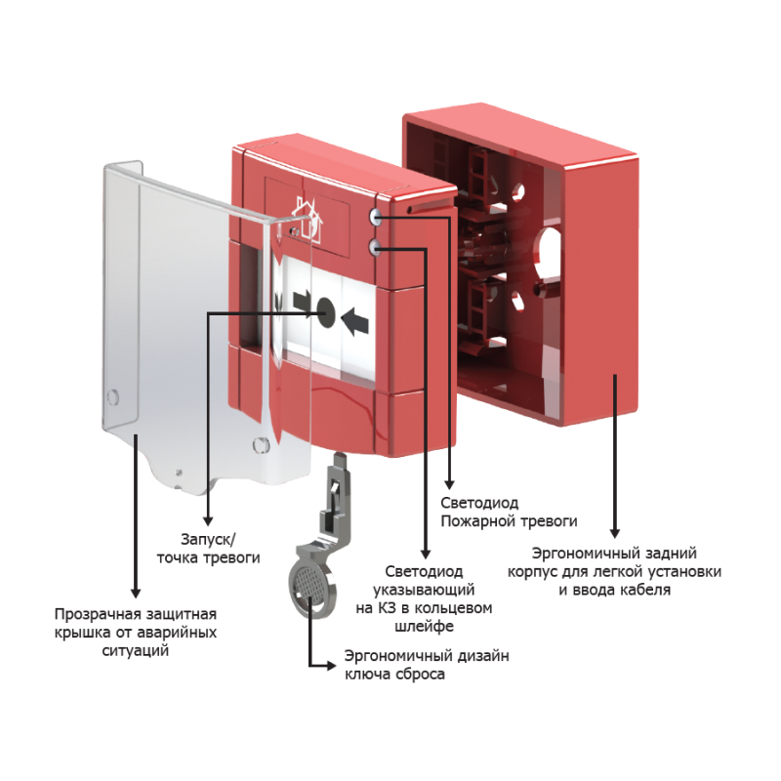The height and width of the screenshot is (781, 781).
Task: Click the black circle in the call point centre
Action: tap(325, 312)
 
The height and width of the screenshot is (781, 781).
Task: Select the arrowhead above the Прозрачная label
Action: tap(136, 592)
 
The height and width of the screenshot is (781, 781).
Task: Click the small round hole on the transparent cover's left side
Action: tap(112, 396)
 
